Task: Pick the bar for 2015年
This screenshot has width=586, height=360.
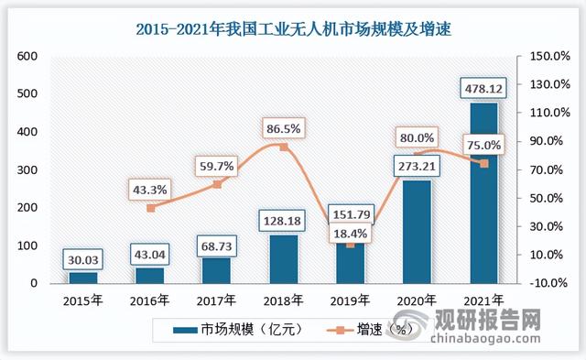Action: point(82,277)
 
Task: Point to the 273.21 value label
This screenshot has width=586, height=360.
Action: point(413,168)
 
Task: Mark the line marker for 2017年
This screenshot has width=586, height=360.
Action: point(218,184)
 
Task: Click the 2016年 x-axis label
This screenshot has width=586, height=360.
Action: point(150,300)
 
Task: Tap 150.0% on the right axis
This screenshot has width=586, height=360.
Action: point(549,56)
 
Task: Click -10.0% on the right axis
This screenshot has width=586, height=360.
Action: point(549,283)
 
